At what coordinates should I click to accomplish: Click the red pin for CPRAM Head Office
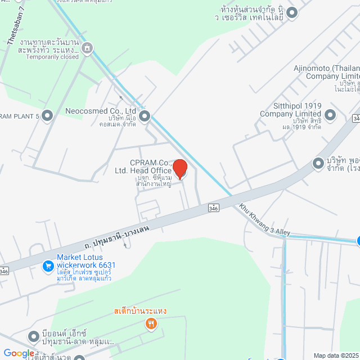(x=179, y=169)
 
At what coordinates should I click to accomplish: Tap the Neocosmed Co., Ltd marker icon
(x=145, y=116)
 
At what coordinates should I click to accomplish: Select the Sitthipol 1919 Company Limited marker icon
(x=330, y=116)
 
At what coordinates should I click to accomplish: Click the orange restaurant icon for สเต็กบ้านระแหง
(x=151, y=323)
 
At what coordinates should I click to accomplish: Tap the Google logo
(x=19, y=353)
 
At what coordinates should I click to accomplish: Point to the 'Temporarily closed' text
(x=52, y=57)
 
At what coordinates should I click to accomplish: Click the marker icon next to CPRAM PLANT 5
(x=47, y=116)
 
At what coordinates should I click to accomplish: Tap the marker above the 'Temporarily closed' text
(x=87, y=48)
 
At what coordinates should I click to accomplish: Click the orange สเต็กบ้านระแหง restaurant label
(x=140, y=311)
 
